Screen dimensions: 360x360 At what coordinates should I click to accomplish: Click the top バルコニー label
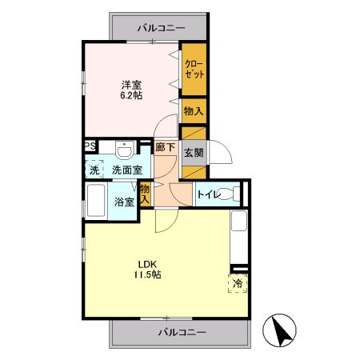[161, 28]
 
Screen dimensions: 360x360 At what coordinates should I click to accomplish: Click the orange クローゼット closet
[193, 69]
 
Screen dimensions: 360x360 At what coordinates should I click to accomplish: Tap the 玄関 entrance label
[193, 152]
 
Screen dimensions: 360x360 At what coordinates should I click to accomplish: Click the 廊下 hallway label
[165, 148]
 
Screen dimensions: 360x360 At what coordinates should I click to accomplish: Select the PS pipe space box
[90, 147]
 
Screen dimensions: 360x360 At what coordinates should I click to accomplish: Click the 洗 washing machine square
[94, 170]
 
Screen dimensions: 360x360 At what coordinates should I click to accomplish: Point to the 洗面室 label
[126, 170]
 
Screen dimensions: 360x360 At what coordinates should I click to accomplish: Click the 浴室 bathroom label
[123, 202]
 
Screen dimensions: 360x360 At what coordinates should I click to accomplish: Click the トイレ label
[208, 194]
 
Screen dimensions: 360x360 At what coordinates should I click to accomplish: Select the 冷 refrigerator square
[238, 283]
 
